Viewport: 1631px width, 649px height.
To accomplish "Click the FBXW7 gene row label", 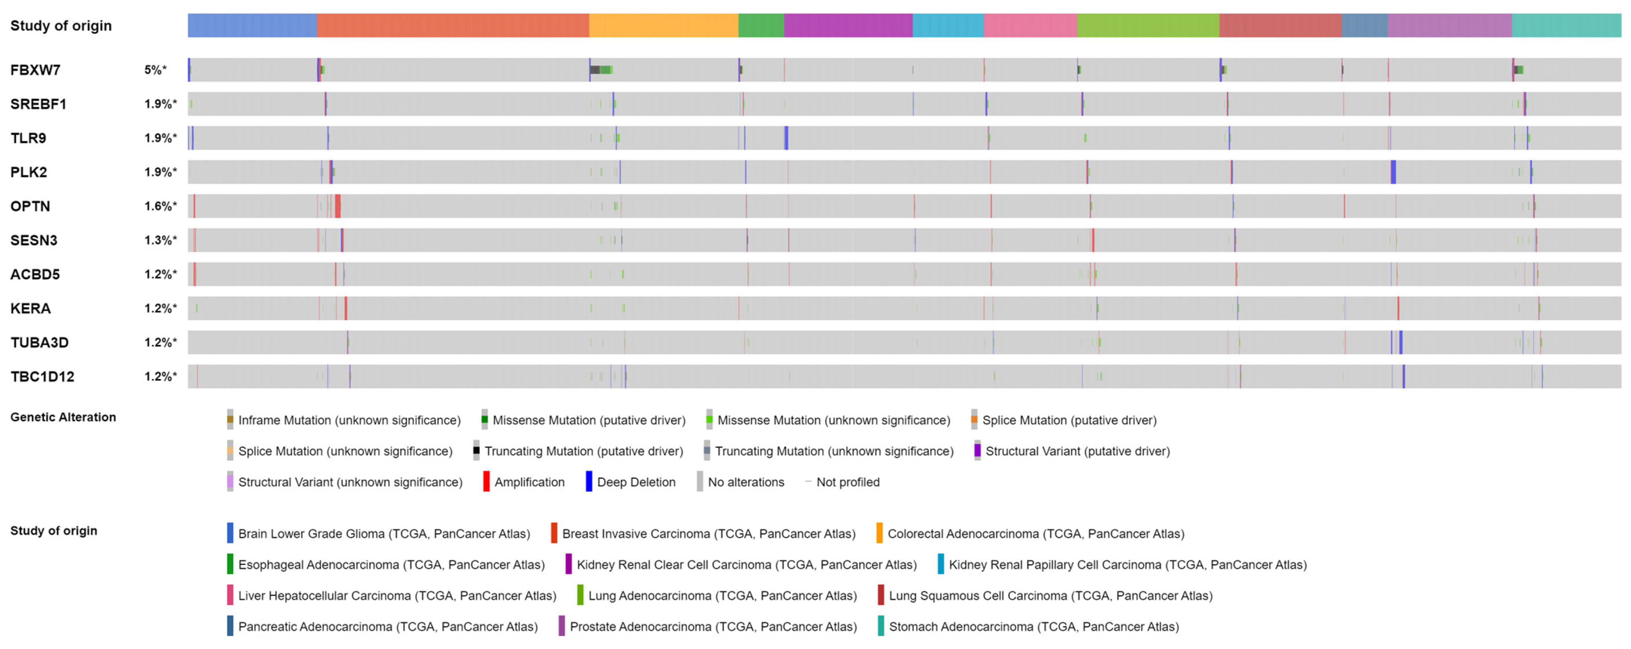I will point(36,70).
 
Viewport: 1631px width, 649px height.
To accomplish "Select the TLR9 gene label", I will point(28,139).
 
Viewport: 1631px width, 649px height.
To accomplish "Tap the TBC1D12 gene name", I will point(42,377).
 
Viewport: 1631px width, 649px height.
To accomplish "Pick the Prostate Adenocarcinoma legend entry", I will point(713,627).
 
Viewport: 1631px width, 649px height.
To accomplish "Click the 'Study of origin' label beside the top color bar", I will point(61,26).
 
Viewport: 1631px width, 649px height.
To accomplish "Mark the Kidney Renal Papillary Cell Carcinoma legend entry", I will point(1127,565).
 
